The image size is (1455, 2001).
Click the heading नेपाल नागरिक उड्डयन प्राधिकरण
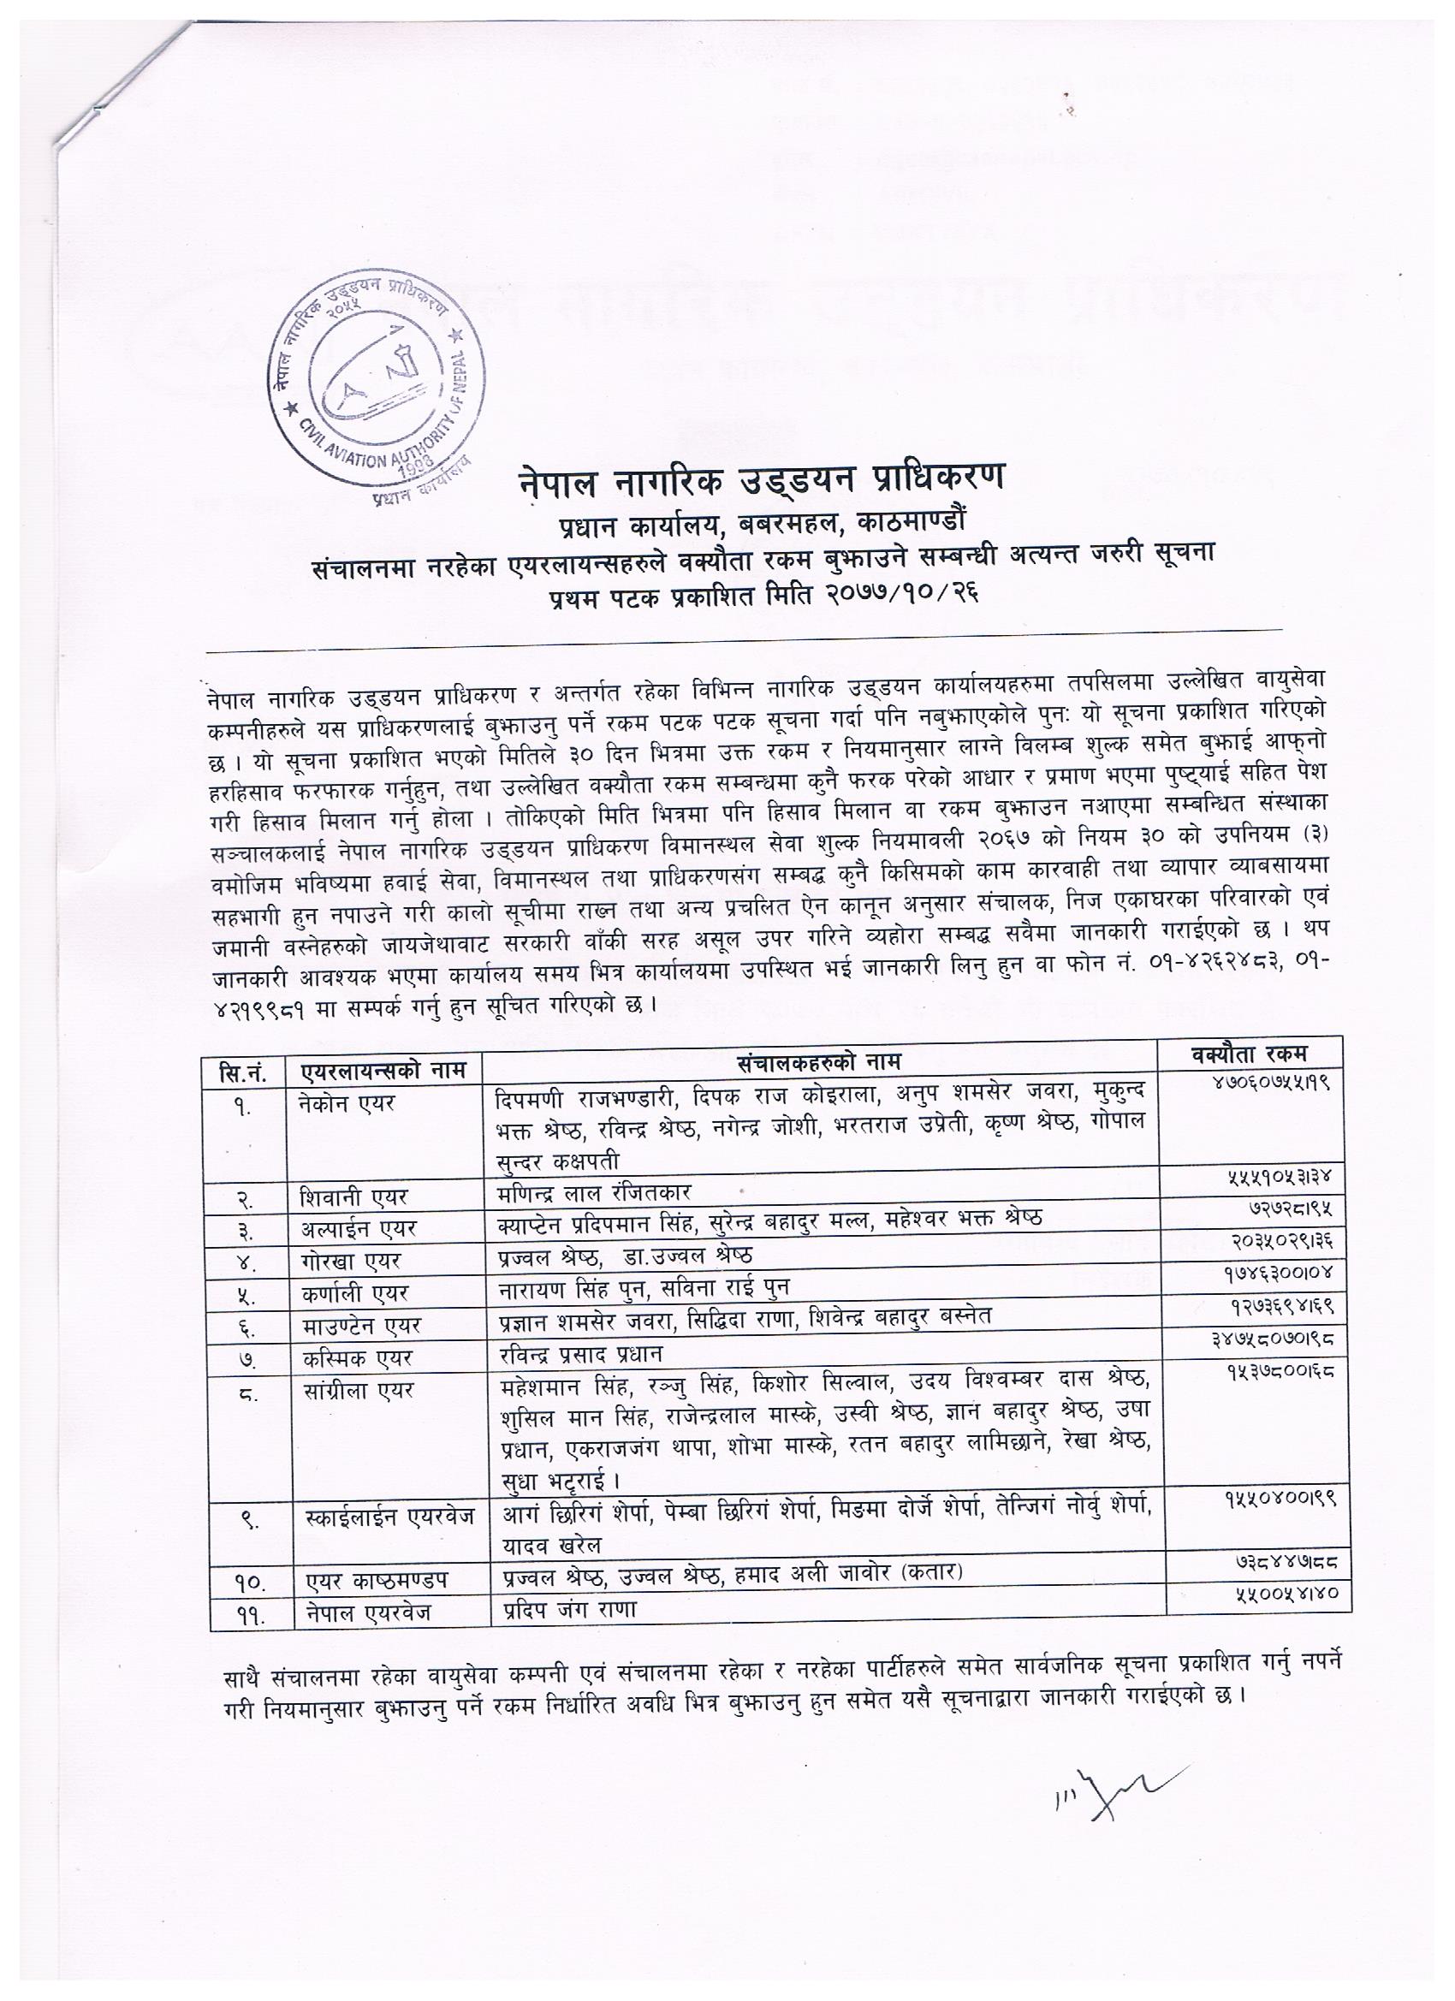pos(761,481)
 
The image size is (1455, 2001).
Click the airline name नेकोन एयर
pos(347,1103)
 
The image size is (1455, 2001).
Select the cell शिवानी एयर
pos(353,1198)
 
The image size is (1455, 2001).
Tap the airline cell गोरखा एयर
pos(351,1262)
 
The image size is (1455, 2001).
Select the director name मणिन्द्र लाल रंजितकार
pos(592,1193)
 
